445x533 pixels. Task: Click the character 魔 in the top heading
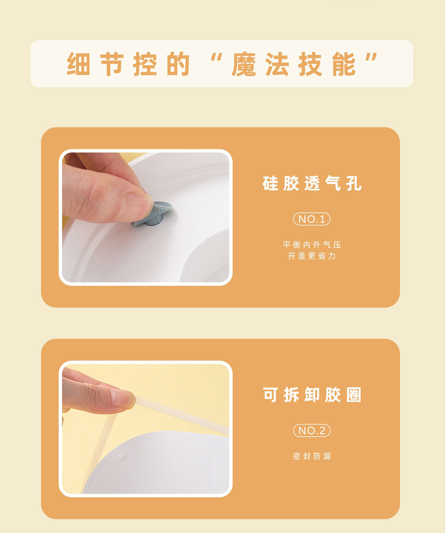coord(244,64)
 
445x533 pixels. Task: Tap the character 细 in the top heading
coord(78,64)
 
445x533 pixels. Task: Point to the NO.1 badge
coord(311,219)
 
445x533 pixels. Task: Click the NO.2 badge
coord(311,430)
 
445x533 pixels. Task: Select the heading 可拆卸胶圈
coord(312,395)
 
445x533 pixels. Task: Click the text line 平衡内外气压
coord(312,245)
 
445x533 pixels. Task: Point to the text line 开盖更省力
coord(312,256)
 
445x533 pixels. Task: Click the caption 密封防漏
coord(312,456)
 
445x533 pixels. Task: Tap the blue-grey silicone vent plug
coord(152,214)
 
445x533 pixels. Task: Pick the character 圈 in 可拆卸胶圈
coord(354,395)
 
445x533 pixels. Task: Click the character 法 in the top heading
coord(277,64)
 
